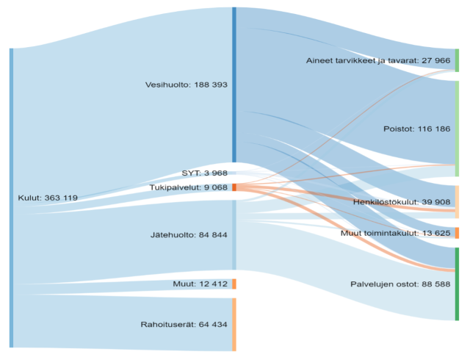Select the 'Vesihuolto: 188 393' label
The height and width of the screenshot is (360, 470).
[x=187, y=84]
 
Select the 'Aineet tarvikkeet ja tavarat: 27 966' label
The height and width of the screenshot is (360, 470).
[x=378, y=60]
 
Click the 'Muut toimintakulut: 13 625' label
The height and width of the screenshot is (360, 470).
[x=396, y=233]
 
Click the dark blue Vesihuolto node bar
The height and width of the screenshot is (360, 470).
[x=234, y=84]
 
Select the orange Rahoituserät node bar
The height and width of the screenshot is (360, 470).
[x=234, y=324]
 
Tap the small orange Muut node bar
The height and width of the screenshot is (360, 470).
[x=234, y=284]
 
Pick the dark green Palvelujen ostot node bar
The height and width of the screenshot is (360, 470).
[x=457, y=284]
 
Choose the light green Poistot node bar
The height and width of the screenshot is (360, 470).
[x=457, y=129]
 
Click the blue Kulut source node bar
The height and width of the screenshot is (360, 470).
[x=11, y=198]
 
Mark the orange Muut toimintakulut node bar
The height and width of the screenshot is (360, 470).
[x=457, y=233]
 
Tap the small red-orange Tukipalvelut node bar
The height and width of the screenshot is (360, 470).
[x=234, y=187]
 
